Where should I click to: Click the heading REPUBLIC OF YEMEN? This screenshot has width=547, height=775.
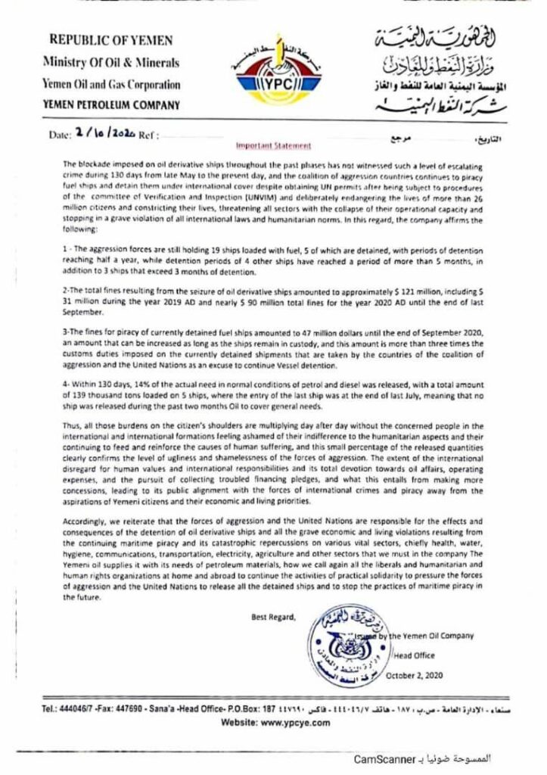click(110, 39)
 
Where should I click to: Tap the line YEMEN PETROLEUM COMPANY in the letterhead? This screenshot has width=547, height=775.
click(115, 104)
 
